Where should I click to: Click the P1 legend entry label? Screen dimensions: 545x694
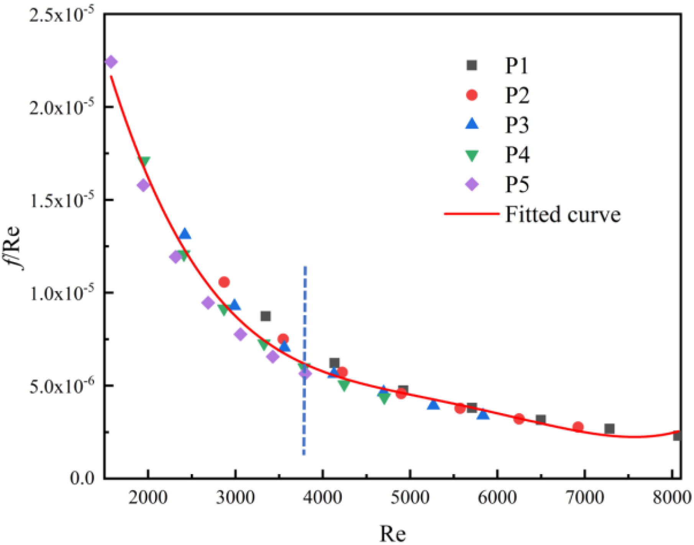tap(516, 66)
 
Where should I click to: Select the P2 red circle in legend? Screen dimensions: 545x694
tap(472, 95)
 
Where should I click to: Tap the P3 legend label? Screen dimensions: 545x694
tap(517, 125)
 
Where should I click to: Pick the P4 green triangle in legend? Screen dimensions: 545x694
tap(472, 155)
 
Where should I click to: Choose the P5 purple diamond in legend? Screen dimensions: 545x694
tap(472, 184)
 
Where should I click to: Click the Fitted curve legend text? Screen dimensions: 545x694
tap(562, 214)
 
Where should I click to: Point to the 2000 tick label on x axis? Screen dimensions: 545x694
tap(148, 498)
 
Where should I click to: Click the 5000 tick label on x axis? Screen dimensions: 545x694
tap(410, 498)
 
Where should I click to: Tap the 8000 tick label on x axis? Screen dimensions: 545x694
tap(672, 498)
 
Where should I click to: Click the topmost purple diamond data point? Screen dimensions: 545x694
tap(111, 62)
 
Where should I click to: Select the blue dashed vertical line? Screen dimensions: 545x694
tap(305, 360)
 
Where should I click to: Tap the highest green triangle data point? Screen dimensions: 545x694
tap(144, 161)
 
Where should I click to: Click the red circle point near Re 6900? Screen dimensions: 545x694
tap(578, 427)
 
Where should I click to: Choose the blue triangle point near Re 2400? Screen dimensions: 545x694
tap(185, 234)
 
